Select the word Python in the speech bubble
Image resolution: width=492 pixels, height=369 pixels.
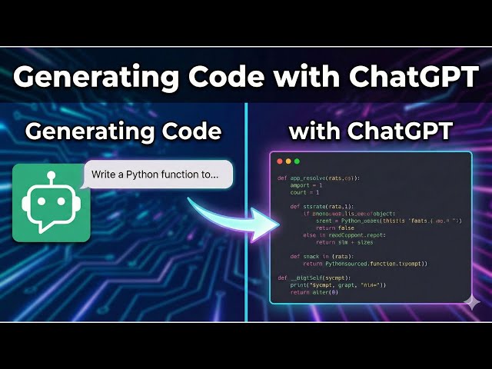click(145, 175)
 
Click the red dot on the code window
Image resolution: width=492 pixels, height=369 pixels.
click(278, 161)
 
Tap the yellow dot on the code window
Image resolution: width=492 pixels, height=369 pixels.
click(288, 161)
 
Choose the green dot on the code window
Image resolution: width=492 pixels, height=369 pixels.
click(297, 161)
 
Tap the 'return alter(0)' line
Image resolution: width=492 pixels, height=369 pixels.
click(315, 292)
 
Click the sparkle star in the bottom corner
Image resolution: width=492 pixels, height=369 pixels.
click(472, 302)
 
